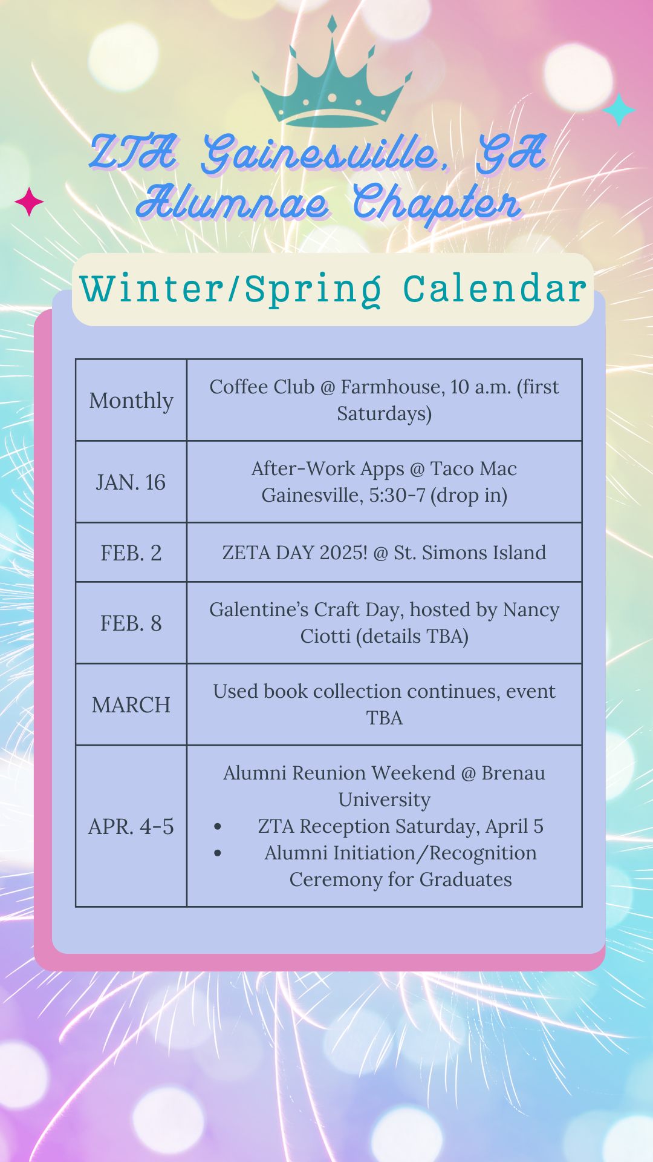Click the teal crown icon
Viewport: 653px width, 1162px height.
click(x=332, y=79)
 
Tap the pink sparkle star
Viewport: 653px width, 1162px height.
click(x=29, y=202)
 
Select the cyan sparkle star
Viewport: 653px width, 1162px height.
click(x=619, y=110)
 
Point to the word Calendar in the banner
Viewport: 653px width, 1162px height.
click(x=495, y=289)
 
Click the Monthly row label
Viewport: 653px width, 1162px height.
click(x=131, y=401)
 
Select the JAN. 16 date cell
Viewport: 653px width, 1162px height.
click(x=131, y=482)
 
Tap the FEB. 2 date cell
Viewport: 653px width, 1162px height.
click(x=131, y=553)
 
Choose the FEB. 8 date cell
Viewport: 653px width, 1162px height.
click(x=131, y=623)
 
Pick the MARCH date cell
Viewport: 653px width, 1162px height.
click(x=131, y=705)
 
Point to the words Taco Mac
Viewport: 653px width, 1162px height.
click(x=473, y=468)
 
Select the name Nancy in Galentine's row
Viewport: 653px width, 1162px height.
click(x=531, y=610)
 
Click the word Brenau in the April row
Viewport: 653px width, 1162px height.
click(x=513, y=773)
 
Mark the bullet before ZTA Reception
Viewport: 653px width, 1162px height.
click(x=218, y=827)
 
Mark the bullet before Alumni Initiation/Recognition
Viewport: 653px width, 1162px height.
click(x=218, y=853)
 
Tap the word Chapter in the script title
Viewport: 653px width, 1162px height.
click(x=437, y=203)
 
